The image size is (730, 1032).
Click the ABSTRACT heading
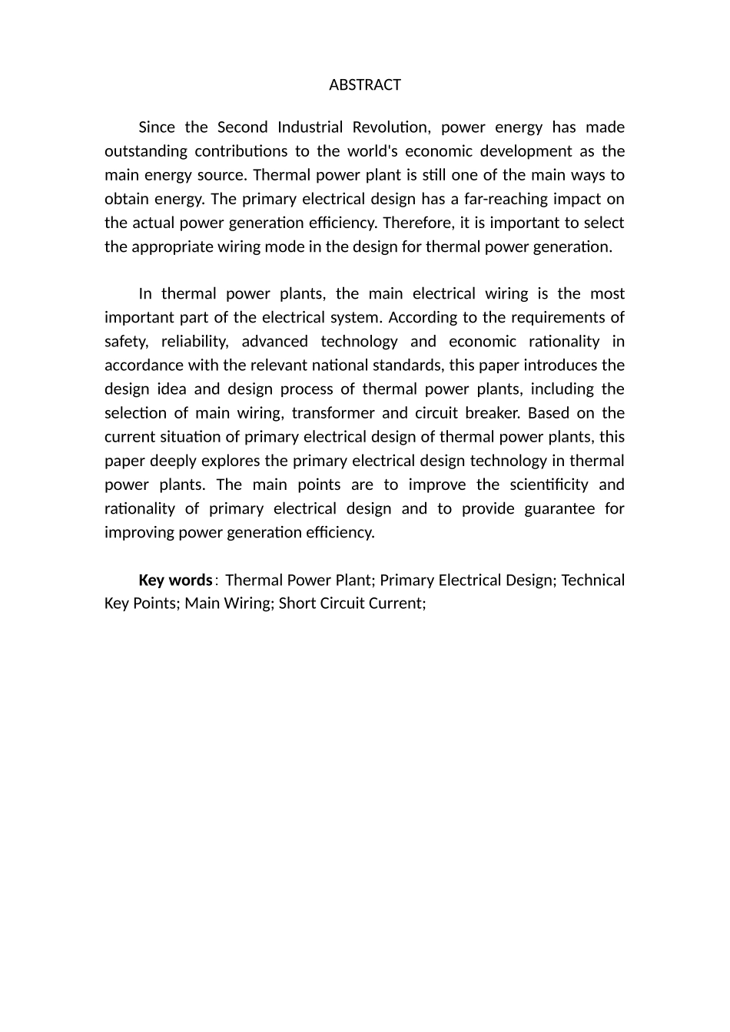[x=365, y=85]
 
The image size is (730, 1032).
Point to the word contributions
[x=251, y=151]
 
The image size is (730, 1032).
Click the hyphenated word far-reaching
[x=508, y=199]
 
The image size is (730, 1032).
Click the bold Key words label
[x=175, y=580]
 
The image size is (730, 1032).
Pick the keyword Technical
[x=592, y=580]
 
